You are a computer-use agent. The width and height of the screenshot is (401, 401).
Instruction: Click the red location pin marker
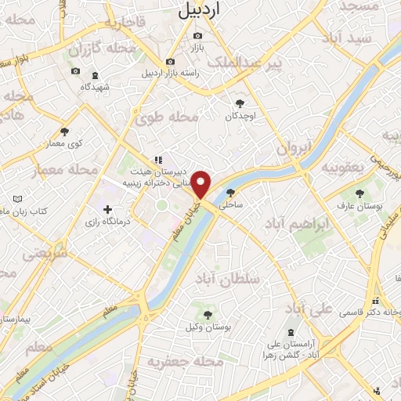click(x=202, y=184)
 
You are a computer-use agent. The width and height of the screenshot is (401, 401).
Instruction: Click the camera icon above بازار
click(x=197, y=36)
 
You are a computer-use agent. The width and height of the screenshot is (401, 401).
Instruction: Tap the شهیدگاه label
click(x=96, y=87)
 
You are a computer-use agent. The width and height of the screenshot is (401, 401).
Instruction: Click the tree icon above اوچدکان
click(x=240, y=103)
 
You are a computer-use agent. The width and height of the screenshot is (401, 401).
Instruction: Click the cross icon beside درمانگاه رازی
click(x=107, y=209)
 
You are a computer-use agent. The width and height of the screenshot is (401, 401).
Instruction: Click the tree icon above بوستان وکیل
click(x=208, y=315)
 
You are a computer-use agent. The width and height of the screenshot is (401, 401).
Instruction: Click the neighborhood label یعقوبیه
click(x=345, y=168)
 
